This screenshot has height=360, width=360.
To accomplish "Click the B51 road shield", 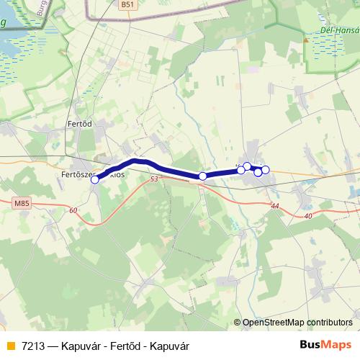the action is tap(127, 4).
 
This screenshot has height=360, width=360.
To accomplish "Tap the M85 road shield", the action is tap(22, 204).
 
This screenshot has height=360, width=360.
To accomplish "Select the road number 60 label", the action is tap(73, 210).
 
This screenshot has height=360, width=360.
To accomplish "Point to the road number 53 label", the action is tap(154, 178).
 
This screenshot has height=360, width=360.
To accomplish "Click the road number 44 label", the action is tap(275, 206).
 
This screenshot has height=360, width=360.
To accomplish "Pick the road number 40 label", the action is tap(308, 216).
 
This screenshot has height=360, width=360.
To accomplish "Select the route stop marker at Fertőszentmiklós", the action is tap(94, 180).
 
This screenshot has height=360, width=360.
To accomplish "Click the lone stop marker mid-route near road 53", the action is tap(203, 176).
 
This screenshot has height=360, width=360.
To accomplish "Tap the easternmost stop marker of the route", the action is tap(266, 169).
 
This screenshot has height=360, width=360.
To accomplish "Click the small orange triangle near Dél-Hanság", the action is tap(306, 40).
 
